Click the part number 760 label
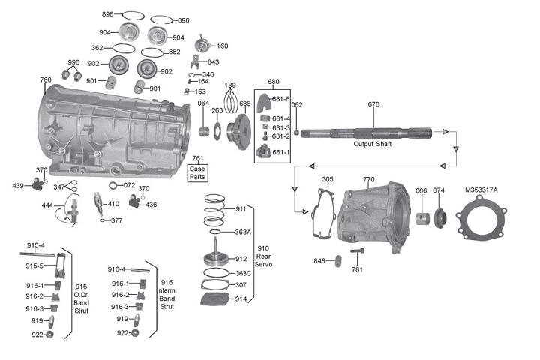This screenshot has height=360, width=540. (x=45, y=79)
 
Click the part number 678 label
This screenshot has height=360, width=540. (x=373, y=104)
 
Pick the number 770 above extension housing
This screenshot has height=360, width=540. (x=368, y=179)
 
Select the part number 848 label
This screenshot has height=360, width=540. (x=319, y=260)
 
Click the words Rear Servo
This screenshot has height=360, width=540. (x=263, y=259)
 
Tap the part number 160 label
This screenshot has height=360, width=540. (x=223, y=46)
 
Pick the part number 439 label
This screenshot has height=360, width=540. (x=18, y=185)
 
